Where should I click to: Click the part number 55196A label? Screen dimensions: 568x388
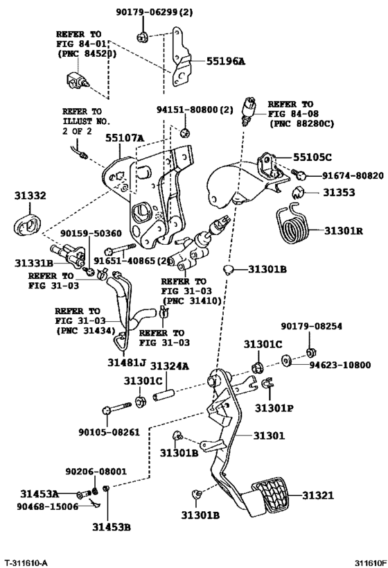click(225, 61)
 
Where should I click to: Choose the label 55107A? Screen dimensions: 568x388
click(125, 138)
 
